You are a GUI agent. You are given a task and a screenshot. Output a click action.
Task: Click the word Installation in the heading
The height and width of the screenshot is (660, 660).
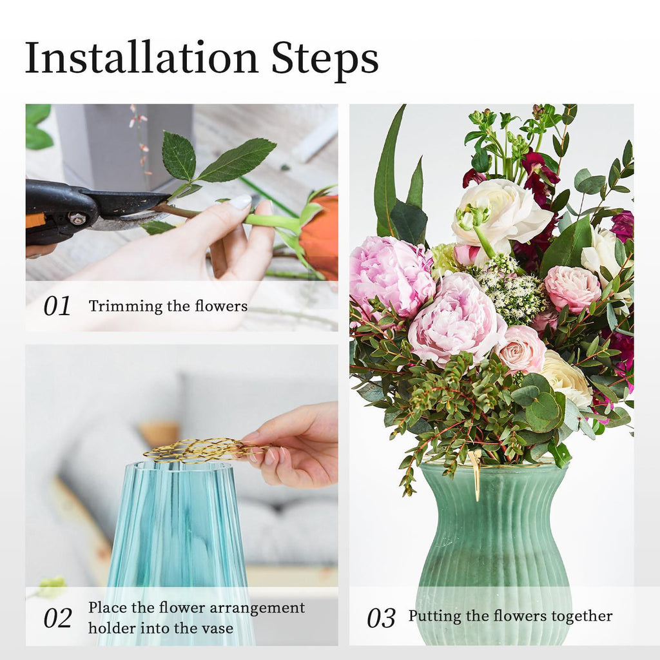coord(141,57)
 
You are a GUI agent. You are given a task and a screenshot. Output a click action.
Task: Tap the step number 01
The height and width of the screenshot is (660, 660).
coord(57,306)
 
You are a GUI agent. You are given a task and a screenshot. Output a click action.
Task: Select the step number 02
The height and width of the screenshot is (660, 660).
coord(57,618)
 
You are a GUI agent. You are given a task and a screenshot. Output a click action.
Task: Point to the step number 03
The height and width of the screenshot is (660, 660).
coord(381,618)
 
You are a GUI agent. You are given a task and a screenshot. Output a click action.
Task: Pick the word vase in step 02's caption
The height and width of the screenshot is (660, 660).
coord(217,628)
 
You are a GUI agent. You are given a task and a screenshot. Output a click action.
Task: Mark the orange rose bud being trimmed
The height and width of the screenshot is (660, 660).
coord(318,238)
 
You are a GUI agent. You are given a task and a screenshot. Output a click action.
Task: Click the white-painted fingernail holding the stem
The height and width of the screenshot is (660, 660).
coord(240,202)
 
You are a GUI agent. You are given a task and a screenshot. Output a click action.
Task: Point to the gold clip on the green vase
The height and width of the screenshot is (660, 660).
coord(476,475)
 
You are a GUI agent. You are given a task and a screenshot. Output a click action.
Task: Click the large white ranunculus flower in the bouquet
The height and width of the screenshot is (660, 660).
coord(501,214)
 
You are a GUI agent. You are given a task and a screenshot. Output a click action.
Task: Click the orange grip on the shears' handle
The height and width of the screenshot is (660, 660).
coord(34,220)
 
